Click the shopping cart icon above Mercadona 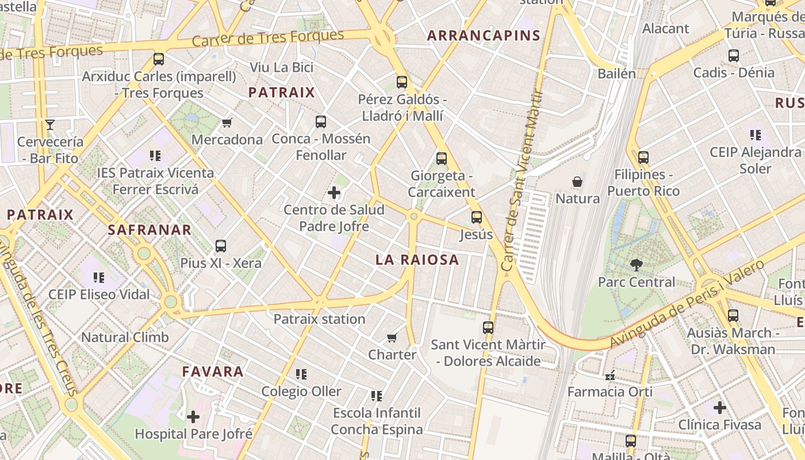click(x=227, y=122)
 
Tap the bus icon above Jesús click(x=476, y=217)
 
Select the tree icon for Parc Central click(x=636, y=265)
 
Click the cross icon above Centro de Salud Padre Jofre click(x=333, y=193)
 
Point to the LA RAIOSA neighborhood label click(x=417, y=260)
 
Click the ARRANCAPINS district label click(x=484, y=36)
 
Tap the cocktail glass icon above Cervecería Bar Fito click(x=50, y=125)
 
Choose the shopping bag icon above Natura click(x=577, y=182)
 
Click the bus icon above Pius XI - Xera click(x=220, y=246)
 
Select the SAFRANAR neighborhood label click(x=149, y=230)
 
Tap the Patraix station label click(x=319, y=319)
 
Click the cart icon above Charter click(x=392, y=338)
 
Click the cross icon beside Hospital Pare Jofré click(x=193, y=416)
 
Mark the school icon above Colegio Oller click(x=301, y=374)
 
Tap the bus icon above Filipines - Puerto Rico click(x=643, y=158)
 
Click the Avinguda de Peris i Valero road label click(x=687, y=305)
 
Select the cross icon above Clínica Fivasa click(x=719, y=408)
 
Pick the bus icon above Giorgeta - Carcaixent click(x=441, y=159)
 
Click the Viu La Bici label click(x=281, y=67)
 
